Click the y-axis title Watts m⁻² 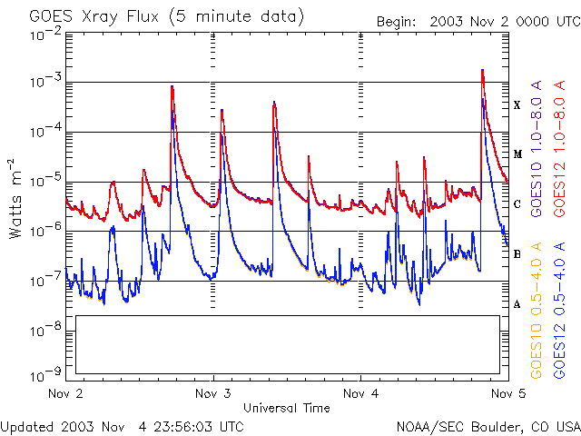[x=16, y=198]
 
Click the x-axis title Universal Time [x=287, y=408]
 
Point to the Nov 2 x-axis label [x=65, y=394]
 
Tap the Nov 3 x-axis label [x=213, y=394]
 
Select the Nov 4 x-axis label [x=360, y=394]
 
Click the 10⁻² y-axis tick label [x=47, y=35]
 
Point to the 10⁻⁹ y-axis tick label [x=47, y=373]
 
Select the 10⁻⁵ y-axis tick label [x=47, y=180]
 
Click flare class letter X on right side [x=517, y=105]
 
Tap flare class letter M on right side [x=517, y=154]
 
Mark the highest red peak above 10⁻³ [x=482, y=70]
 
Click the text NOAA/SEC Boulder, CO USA [x=487, y=426]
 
